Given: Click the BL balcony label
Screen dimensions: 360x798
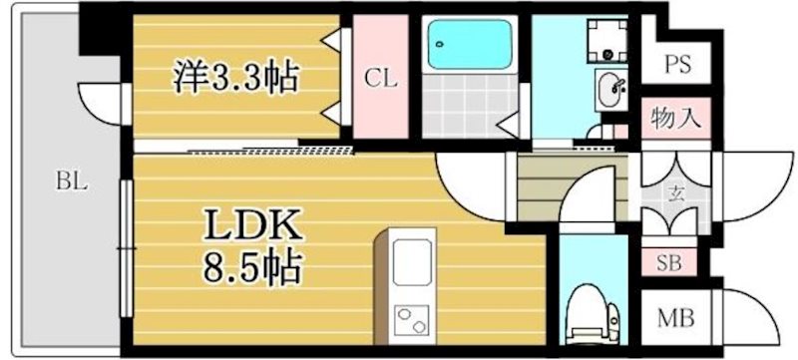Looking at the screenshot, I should [x=70, y=181].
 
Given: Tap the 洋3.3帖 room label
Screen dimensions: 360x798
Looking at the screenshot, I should [x=237, y=75].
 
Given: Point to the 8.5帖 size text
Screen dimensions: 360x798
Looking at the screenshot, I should [x=252, y=266].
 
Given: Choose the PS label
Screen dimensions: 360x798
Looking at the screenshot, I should [x=678, y=67].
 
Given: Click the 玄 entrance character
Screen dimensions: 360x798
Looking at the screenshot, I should [x=674, y=192].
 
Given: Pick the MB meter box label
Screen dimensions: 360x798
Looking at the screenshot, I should [x=675, y=320].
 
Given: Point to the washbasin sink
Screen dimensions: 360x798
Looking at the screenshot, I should [x=609, y=92].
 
